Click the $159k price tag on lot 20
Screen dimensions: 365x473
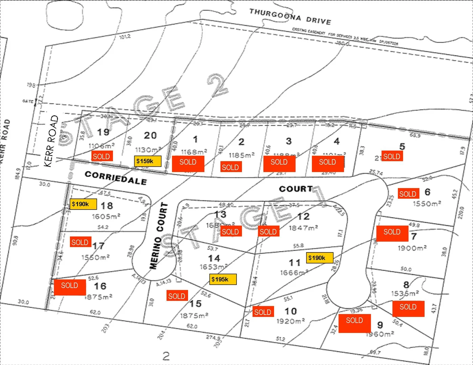148,161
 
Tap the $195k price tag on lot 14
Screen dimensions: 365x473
223,279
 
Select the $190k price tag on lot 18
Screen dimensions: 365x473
83,204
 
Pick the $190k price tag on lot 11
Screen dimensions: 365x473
319,258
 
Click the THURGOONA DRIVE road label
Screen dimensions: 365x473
290,17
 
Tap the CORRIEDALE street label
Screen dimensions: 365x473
116,177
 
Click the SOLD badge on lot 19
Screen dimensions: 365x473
102,156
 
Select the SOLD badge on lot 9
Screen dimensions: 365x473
354,320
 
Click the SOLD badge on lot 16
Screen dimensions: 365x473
70,286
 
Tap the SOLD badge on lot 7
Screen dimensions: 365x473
392,232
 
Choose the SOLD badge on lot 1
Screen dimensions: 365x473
188,162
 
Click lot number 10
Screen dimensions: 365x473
291,311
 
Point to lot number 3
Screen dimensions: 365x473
289,141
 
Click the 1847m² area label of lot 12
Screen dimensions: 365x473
303,228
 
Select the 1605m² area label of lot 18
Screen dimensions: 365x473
106,216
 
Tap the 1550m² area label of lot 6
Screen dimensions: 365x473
427,204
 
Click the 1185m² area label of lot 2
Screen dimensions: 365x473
242,155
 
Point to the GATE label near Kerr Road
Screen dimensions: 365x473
28,101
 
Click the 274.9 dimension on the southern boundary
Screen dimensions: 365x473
213,338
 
